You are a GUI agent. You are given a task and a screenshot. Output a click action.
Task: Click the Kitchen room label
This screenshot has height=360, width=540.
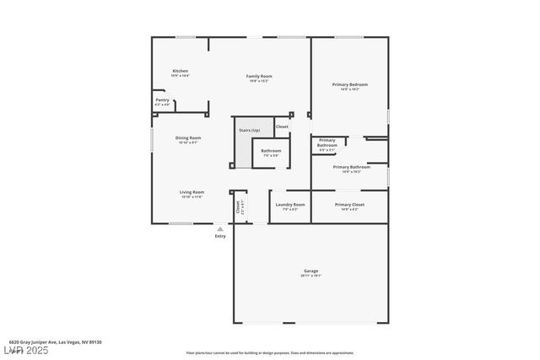tap(181, 71)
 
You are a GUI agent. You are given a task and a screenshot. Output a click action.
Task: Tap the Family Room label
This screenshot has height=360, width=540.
tap(259, 76)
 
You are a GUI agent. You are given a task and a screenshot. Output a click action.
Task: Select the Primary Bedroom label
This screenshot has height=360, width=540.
tap(349, 84)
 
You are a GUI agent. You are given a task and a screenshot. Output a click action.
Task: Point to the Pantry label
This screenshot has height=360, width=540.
tap(163, 100)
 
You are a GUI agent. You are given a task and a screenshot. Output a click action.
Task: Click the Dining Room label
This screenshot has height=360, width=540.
tap(188, 137)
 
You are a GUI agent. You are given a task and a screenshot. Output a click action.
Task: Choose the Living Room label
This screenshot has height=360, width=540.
tap(192, 192)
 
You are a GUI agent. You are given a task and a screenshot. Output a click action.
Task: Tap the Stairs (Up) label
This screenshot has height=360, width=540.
tap(250, 131)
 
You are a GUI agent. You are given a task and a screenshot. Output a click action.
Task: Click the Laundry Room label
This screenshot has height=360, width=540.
tap(290, 205)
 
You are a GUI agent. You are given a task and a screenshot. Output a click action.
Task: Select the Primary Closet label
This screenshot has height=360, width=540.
tap(349, 205)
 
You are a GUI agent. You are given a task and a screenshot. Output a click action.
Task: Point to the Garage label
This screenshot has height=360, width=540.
tap(311, 271)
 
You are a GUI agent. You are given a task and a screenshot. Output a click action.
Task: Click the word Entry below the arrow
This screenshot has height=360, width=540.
tap(220, 236)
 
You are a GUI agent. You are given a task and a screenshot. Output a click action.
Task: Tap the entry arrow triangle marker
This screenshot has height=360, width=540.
tap(220, 228)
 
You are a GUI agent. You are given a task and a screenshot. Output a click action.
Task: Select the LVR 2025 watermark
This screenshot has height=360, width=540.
tap(27, 350)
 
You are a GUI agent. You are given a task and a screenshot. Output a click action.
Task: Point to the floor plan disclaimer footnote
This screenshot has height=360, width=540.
tap(270, 352)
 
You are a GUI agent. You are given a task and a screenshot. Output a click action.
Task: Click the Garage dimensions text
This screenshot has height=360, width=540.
tap(311, 276)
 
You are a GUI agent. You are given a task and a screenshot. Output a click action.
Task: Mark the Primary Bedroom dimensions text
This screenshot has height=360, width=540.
tap(349, 89)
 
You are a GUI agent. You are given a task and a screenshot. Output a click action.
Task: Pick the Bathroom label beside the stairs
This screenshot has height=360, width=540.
tap(271, 151)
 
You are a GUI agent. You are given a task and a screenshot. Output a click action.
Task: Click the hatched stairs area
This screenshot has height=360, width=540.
tap(243, 152)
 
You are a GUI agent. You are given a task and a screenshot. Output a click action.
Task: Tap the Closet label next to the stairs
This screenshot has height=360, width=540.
tap(282, 127)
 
